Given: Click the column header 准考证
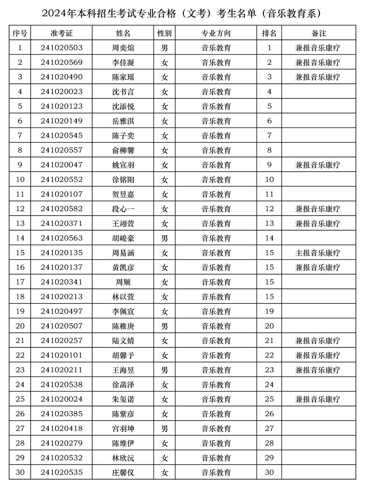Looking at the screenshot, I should [62, 33].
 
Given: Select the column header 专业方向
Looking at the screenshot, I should [216, 33].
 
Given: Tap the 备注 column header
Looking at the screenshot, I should [318, 33].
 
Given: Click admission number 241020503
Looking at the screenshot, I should [62, 48].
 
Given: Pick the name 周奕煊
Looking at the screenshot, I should [123, 48].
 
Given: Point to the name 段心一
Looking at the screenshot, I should [123, 209].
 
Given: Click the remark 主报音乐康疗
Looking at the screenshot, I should [318, 253].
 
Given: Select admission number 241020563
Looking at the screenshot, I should [62, 238].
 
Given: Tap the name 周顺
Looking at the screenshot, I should [123, 282].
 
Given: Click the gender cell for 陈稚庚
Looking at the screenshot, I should [165, 326].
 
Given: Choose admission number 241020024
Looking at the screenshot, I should [62, 399].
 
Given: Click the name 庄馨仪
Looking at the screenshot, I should [123, 472].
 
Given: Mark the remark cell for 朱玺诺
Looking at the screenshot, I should [318, 399].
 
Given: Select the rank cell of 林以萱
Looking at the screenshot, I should [269, 297].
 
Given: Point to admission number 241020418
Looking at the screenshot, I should [62, 428].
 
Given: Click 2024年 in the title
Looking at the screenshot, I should [58, 14].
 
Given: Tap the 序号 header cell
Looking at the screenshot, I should [20, 33].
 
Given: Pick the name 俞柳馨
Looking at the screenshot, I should [123, 150].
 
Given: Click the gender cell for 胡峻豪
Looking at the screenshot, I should [165, 238].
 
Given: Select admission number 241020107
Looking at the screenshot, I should [62, 194].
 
